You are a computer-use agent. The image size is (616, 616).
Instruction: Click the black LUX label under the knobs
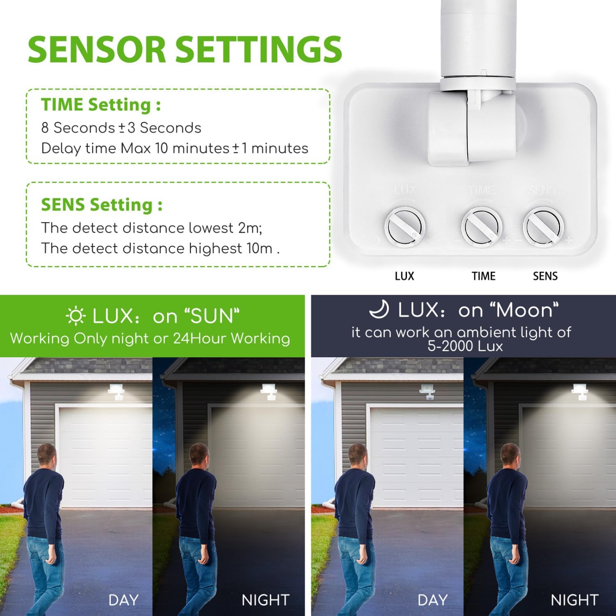405,276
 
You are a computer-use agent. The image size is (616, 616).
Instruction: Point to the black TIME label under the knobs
483,276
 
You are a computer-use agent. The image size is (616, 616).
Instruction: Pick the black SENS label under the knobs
545,276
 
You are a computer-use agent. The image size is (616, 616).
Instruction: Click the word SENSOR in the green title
97,49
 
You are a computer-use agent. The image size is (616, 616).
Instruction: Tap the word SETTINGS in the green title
259,49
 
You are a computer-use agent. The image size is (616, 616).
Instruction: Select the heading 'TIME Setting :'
101,105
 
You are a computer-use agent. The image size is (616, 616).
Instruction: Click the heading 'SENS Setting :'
101,205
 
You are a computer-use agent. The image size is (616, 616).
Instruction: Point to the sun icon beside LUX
76,316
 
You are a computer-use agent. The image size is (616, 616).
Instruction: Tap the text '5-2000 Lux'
465,346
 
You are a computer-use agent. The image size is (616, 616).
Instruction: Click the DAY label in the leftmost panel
123,600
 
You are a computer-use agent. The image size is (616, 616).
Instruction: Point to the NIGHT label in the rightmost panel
575,600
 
